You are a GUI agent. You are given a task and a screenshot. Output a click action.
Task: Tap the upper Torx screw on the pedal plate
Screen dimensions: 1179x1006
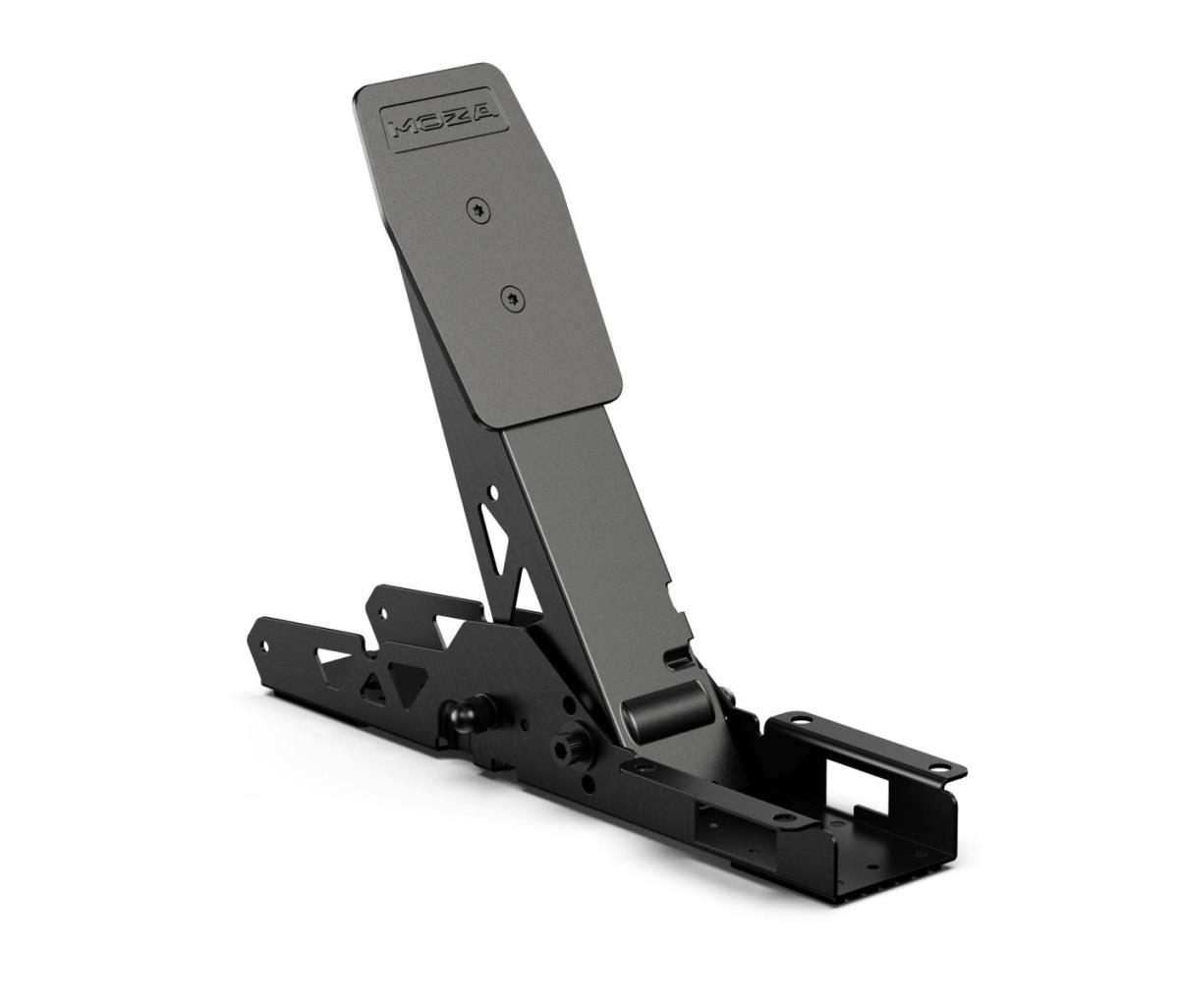477,211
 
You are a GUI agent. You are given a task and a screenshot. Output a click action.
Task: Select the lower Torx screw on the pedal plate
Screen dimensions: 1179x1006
513,299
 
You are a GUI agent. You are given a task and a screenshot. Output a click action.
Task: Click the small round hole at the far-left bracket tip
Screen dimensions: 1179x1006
264,645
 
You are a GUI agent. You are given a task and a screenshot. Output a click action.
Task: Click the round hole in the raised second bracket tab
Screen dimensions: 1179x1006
382,614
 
